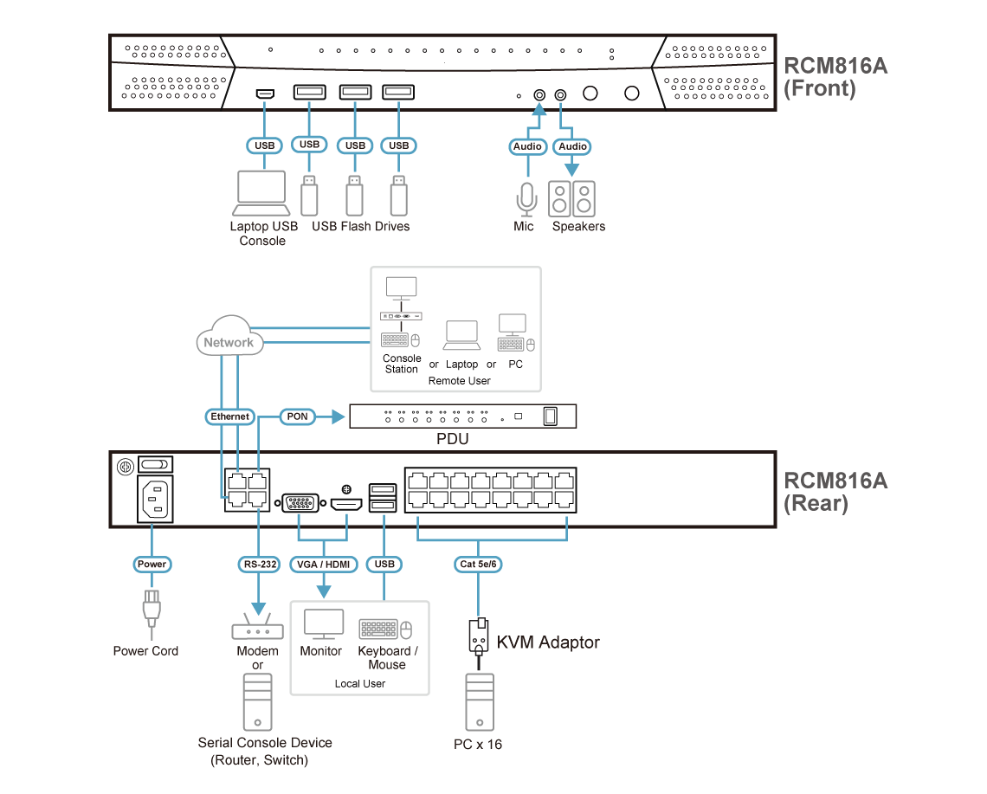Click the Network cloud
[229, 340]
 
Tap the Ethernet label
[230, 416]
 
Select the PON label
[297, 416]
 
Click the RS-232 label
[259, 565]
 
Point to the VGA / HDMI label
[323, 565]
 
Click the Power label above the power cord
[152, 565]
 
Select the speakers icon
[572, 198]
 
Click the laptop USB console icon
[261, 192]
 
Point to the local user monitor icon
[323, 624]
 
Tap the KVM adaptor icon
[480, 636]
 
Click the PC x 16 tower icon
[480, 701]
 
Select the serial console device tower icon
[258, 701]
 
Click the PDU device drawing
[462, 417]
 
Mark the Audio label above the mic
[527, 146]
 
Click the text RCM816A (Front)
[835, 77]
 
